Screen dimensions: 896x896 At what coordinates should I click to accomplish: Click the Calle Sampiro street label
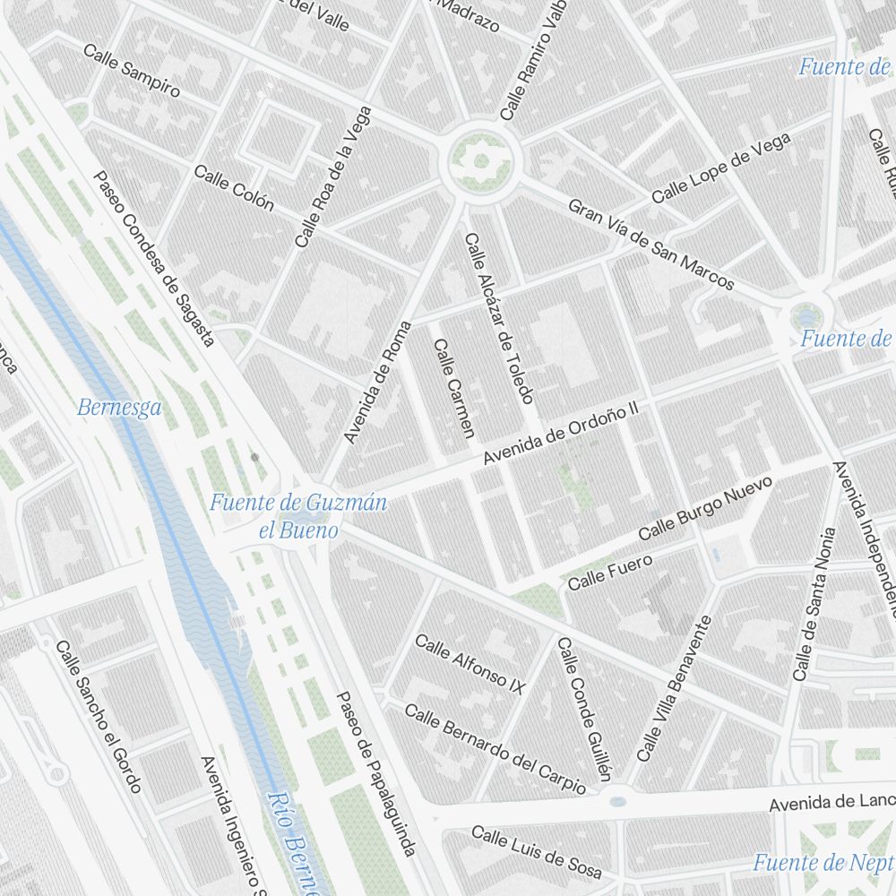click(131, 70)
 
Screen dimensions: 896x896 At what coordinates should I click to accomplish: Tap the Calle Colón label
click(233, 188)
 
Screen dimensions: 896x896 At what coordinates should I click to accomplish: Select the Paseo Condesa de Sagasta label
click(154, 259)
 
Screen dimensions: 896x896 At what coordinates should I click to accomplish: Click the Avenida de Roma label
click(378, 382)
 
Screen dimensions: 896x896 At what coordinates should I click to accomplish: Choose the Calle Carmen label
click(452, 388)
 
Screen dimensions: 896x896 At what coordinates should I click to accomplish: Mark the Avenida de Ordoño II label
click(559, 433)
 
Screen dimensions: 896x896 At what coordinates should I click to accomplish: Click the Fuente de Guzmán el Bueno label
click(298, 515)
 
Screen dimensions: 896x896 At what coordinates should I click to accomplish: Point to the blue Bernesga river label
click(119, 409)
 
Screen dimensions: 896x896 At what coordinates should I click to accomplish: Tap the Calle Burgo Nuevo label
click(705, 509)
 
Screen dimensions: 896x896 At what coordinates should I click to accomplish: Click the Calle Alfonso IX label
click(469, 664)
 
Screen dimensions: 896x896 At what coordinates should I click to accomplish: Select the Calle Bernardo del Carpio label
click(495, 748)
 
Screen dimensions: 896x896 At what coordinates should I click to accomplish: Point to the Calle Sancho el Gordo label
click(99, 717)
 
